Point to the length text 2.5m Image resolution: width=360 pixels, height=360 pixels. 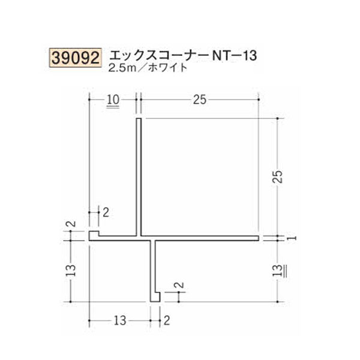click(121, 68)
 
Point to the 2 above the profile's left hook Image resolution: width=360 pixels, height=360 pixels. click(106, 211)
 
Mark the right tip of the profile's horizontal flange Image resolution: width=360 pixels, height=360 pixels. click(258, 238)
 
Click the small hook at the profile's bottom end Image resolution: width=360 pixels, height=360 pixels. click(155, 297)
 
